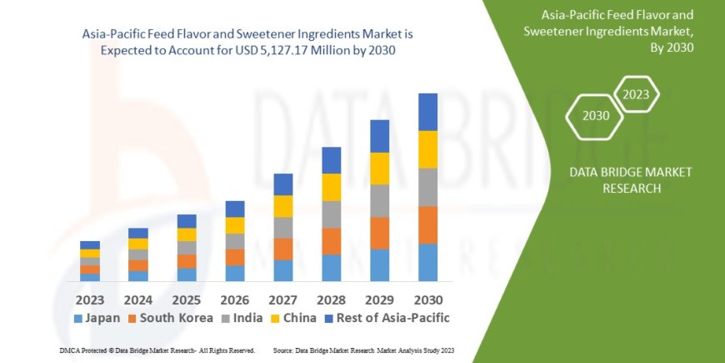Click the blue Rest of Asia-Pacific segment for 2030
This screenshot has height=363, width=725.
coord(427,112)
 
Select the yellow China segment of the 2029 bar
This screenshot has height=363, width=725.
coord(379,169)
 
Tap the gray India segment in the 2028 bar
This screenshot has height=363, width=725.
coord(331,214)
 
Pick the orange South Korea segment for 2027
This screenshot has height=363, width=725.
coord(282,249)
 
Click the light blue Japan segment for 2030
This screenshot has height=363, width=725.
coord(427,262)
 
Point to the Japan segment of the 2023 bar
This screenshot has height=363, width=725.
coord(90,277)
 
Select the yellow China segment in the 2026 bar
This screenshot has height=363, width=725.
coord(235,225)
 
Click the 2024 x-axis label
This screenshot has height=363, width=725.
coord(138,299)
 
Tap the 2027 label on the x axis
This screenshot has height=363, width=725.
coord(282,299)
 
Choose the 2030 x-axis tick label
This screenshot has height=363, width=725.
coord(427,299)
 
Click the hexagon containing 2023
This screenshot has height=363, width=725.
coord(636,94)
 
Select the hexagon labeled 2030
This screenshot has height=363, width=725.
coord(595,115)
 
